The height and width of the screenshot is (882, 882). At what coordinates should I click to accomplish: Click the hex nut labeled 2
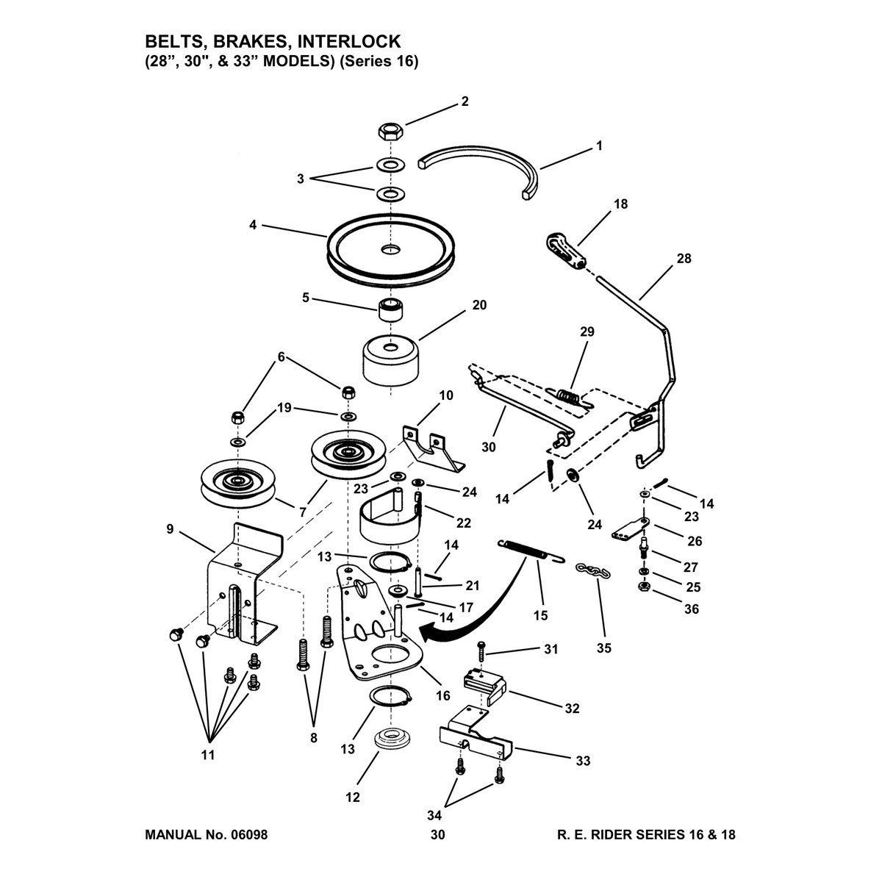(390, 131)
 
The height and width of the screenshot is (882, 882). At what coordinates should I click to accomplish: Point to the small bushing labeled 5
(390, 310)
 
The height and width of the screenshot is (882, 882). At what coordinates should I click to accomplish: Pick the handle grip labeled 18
(566, 252)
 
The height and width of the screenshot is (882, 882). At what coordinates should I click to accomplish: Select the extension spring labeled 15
(530, 551)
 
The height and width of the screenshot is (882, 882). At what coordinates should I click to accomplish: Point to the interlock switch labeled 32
(484, 686)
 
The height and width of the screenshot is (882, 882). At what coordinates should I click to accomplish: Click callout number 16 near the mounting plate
(443, 695)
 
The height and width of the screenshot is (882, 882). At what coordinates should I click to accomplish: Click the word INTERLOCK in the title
(349, 42)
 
